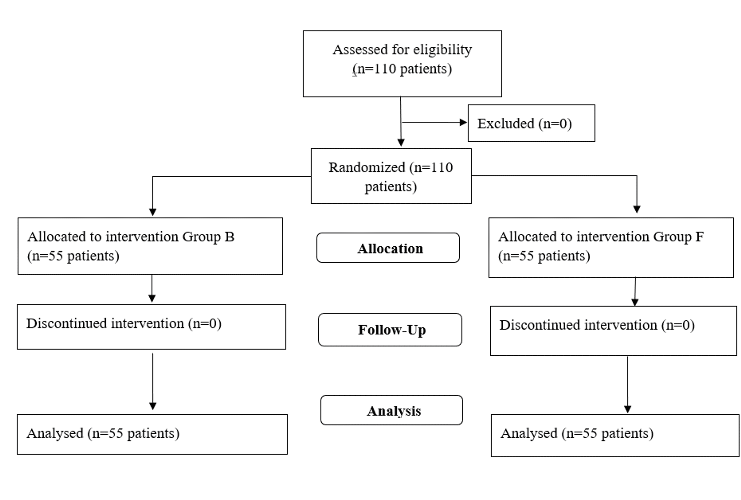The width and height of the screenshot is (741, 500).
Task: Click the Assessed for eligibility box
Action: tap(402, 63)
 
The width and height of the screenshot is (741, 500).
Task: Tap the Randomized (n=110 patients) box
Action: tap(391, 176)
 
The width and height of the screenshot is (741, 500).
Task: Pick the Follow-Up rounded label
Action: tap(390, 329)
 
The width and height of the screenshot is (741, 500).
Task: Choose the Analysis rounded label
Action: tap(391, 410)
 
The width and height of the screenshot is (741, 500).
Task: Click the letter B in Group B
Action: tap(229, 237)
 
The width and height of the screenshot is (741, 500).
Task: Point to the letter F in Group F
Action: tap(699, 237)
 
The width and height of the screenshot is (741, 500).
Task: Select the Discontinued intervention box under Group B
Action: tap(151, 327)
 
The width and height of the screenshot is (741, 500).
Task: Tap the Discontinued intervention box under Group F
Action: tap(613, 330)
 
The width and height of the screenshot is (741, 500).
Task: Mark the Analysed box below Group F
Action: tap(615, 435)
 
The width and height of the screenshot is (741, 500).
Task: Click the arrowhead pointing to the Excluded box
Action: tap(463, 122)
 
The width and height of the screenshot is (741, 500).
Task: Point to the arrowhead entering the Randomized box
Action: tap(401, 142)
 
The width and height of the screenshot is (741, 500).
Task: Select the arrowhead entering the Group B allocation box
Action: tap(153, 212)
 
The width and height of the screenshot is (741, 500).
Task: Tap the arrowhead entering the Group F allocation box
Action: tap(637, 209)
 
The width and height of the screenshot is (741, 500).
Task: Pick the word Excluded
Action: tap(505, 124)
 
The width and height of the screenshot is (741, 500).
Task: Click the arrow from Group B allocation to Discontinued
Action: tap(152, 289)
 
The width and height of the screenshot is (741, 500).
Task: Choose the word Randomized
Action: tap(367, 167)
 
